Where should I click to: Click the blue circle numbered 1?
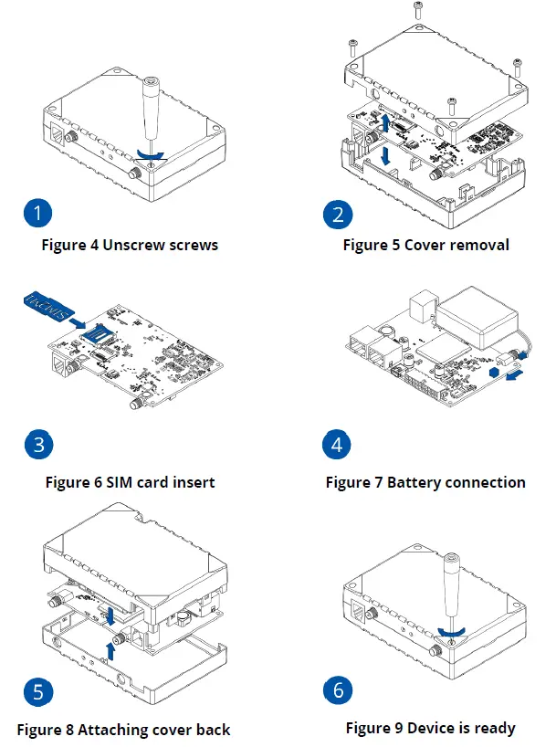pyautogui.click(x=37, y=216)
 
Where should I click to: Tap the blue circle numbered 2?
pyautogui.click(x=339, y=216)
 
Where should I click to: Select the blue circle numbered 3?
pyautogui.click(x=37, y=445)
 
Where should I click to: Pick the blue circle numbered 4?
pyautogui.click(x=339, y=445)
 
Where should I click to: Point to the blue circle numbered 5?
pyautogui.click(x=37, y=691)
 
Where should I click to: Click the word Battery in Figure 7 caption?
pyautogui.click(x=415, y=482)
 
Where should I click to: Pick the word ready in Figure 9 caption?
pyautogui.click(x=494, y=728)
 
